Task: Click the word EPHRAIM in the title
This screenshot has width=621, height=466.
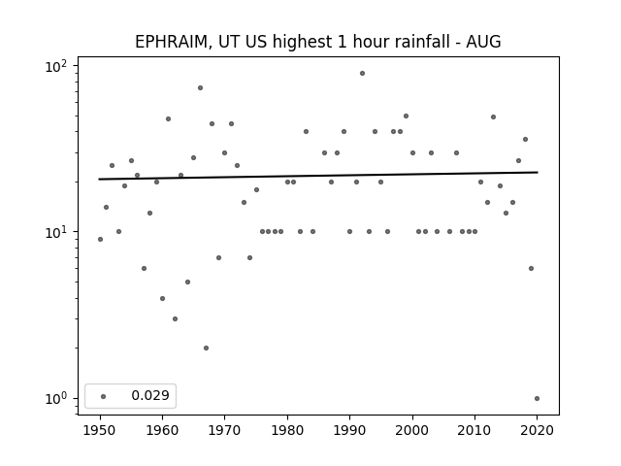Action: point(171,42)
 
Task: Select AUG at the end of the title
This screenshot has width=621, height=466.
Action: point(483,42)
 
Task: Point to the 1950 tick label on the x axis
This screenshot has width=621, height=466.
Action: point(100,430)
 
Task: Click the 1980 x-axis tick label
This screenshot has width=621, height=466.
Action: point(287,430)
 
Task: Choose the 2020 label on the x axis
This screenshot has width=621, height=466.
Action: point(537,430)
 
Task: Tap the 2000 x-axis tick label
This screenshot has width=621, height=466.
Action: point(412,430)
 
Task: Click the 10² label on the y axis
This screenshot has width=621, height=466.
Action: point(56,66)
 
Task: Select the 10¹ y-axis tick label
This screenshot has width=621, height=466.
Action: point(56,232)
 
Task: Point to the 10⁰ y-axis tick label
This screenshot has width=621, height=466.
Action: point(56,399)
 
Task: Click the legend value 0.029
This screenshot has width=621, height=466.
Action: point(150,395)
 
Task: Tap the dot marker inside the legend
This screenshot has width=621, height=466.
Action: point(104,396)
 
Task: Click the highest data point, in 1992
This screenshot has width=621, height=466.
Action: point(362,74)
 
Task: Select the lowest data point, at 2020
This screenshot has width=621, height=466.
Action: point(537,399)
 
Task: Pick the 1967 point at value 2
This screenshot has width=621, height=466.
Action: point(206,348)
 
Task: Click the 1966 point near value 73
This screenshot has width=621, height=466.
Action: point(201,88)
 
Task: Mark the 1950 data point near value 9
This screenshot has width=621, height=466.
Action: point(100,240)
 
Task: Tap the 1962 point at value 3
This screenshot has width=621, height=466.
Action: point(175,319)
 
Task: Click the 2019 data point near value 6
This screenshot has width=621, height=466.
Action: point(531,269)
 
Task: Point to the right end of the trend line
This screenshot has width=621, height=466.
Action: point(538,172)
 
